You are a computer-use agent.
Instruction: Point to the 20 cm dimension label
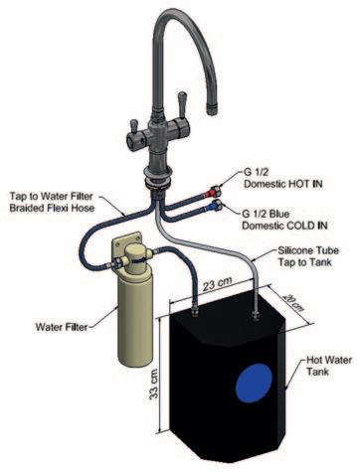tap(292, 302)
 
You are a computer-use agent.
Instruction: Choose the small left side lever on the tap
tap(134, 126)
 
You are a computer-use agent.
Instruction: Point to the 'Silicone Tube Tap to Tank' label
tap(308, 256)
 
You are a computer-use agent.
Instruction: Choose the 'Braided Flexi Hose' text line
tap(52, 209)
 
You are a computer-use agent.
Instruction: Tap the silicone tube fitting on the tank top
tap(256, 315)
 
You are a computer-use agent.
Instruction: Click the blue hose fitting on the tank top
tap(195, 311)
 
